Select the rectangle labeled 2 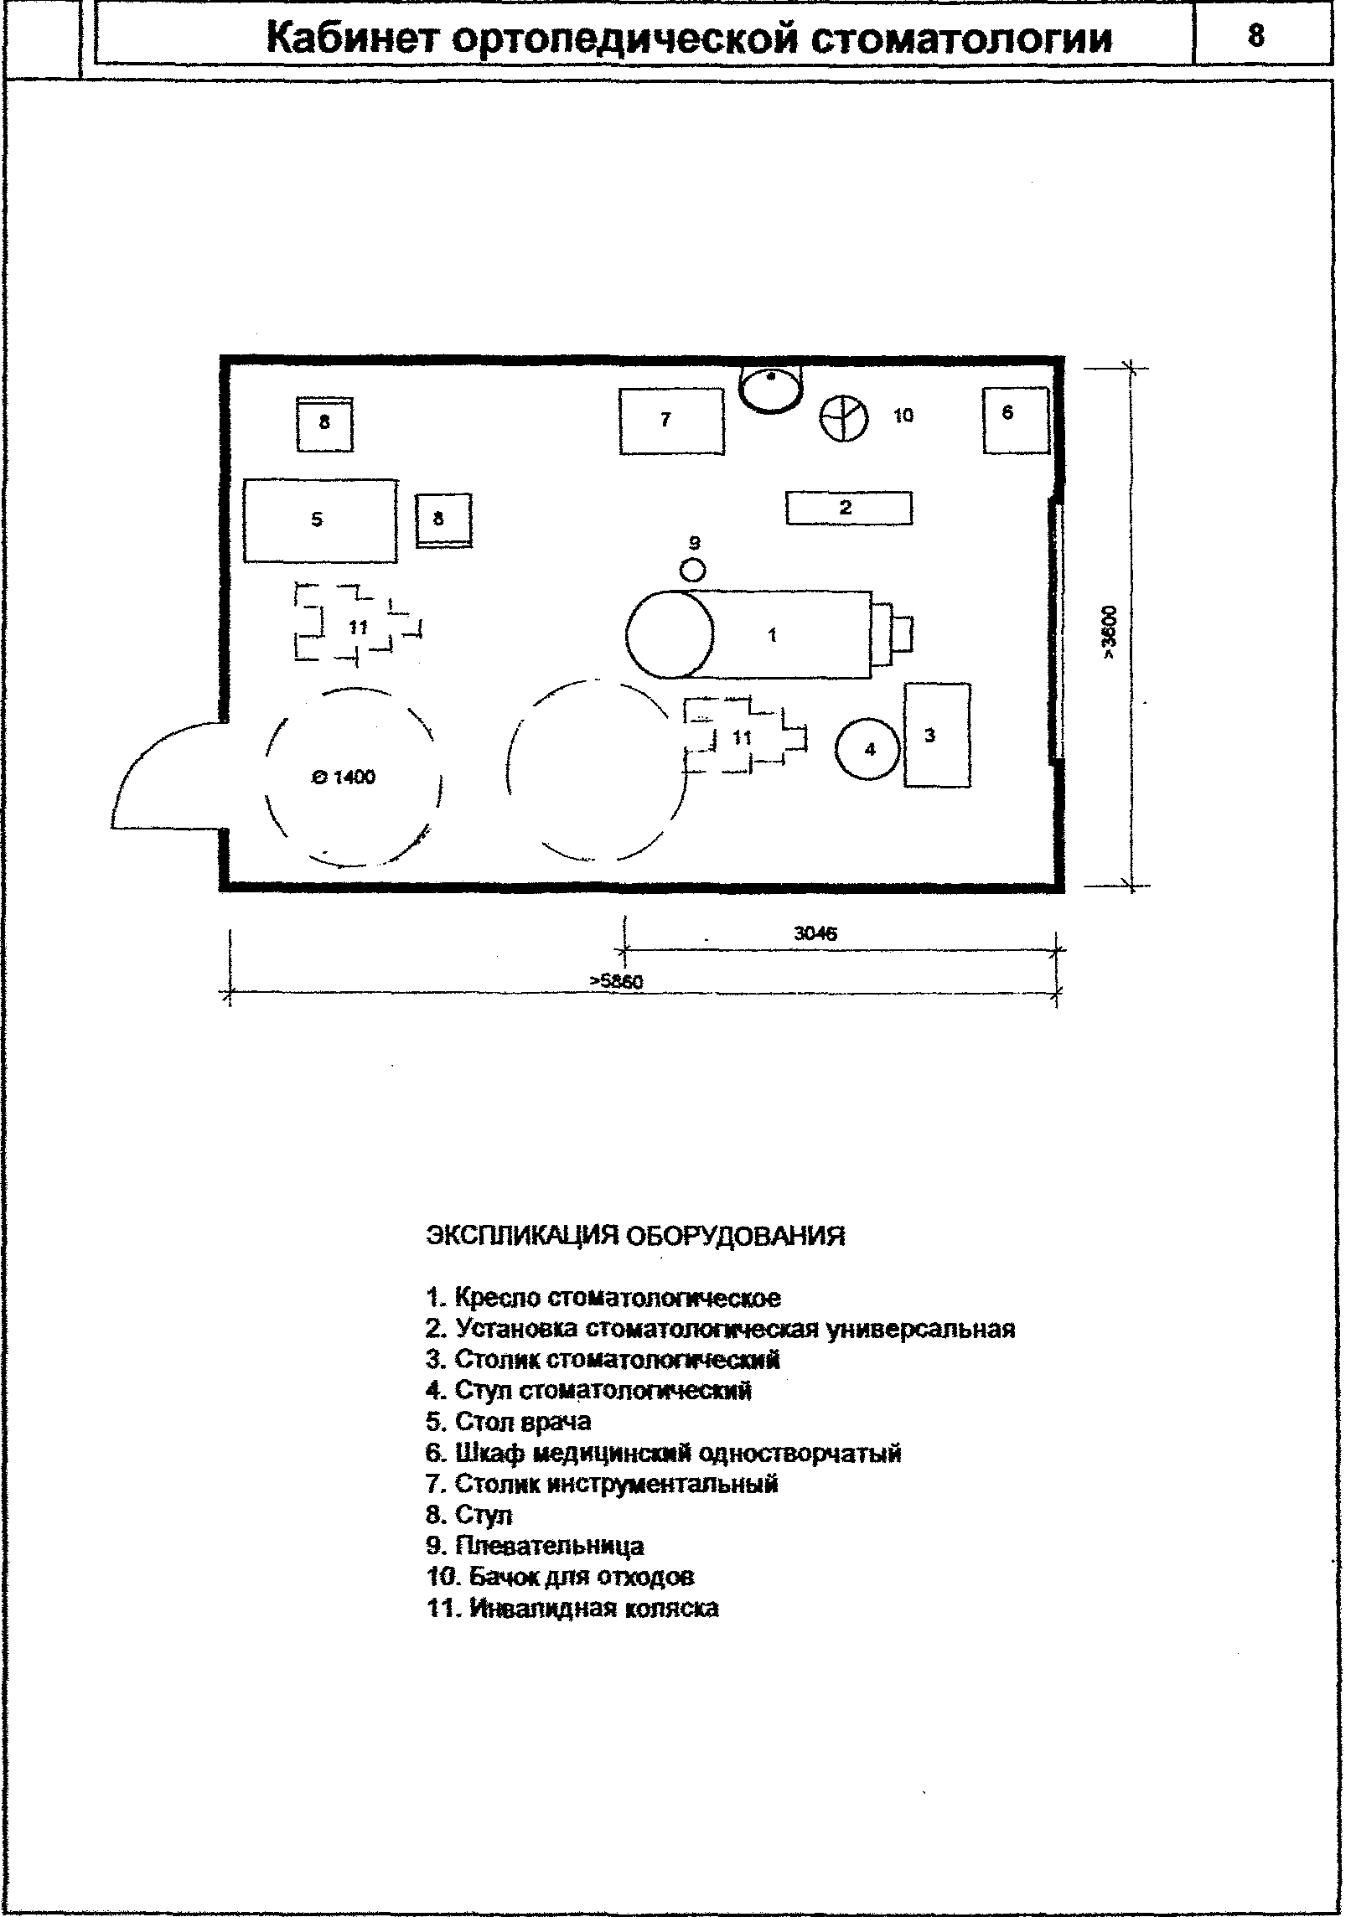(x=849, y=508)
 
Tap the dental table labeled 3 (x=937, y=735)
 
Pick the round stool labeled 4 (x=868, y=748)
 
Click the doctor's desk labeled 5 (x=320, y=520)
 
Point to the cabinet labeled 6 (x=1016, y=420)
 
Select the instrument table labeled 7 (x=671, y=421)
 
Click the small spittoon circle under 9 (x=693, y=570)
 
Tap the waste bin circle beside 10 (x=843, y=418)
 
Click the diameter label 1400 (x=344, y=778)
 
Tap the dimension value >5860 (x=616, y=981)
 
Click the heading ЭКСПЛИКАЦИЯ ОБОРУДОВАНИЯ (x=636, y=1236)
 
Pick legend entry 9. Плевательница (x=535, y=1546)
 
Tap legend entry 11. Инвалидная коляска (x=572, y=1609)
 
